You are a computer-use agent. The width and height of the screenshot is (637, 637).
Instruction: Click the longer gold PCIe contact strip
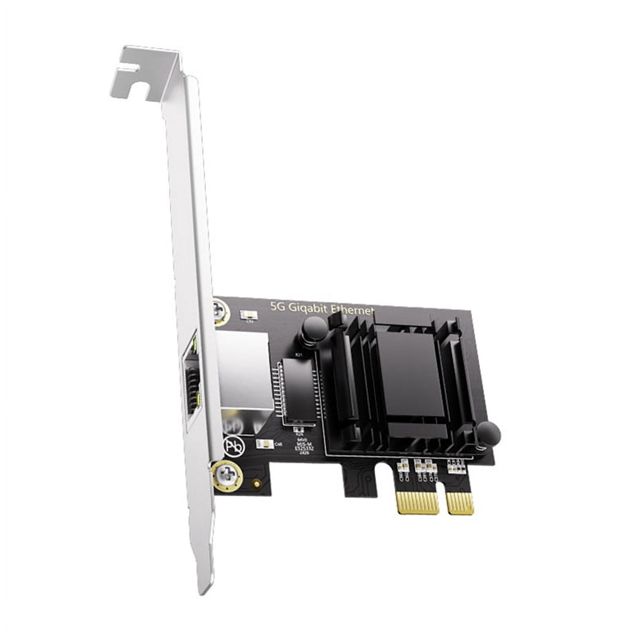(x=418, y=502)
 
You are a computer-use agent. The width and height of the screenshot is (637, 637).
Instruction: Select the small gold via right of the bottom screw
(x=257, y=484)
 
